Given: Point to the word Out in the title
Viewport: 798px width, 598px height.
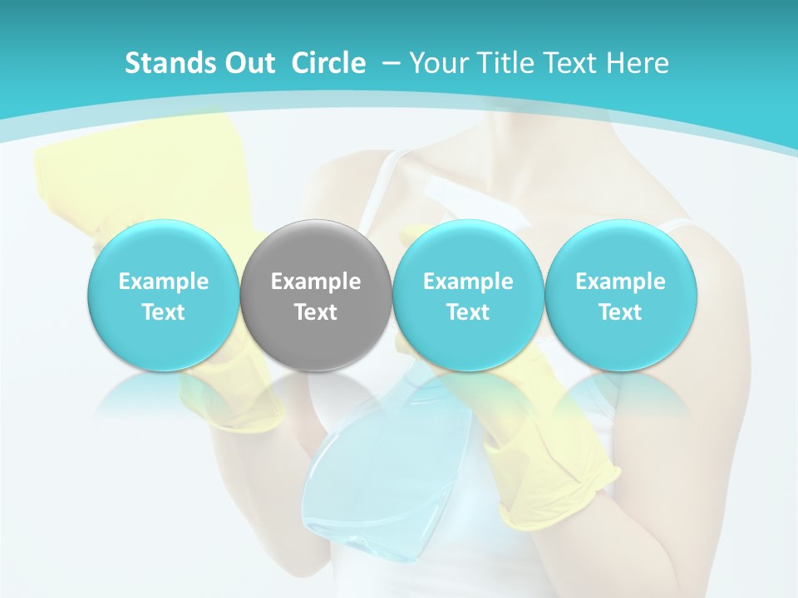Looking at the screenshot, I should [247, 63].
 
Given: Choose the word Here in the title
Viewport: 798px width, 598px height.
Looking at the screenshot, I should [638, 63].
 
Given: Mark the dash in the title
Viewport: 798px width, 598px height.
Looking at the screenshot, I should [388, 63].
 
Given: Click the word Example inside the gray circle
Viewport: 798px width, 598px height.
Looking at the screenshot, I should [316, 282].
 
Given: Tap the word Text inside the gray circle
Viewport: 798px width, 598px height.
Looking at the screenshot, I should [316, 312].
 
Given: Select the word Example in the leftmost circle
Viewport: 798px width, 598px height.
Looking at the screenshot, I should [164, 282].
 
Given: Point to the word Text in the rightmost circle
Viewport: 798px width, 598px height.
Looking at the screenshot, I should [620, 312].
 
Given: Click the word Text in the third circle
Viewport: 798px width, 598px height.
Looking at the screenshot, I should [468, 312].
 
